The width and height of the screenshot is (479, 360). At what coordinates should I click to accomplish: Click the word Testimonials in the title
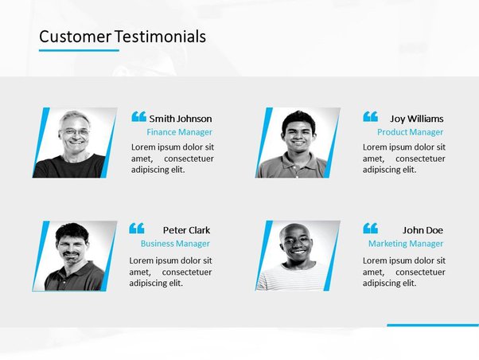(161, 37)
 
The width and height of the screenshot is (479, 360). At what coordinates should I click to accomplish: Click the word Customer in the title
(75, 37)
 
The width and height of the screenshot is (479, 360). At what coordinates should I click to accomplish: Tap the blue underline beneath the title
(79, 50)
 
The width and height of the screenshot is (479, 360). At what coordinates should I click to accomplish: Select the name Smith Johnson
(181, 119)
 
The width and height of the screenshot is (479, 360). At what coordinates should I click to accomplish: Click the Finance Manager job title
(179, 132)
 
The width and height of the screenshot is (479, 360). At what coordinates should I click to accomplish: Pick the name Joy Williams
(417, 119)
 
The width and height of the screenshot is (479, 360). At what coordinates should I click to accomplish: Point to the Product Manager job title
(410, 132)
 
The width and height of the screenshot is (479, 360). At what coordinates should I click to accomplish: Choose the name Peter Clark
(186, 230)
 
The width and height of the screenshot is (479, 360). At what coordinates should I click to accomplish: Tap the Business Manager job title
(175, 244)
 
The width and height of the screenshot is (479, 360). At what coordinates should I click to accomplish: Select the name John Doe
(423, 230)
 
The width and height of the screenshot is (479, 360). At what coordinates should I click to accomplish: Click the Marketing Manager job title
(406, 244)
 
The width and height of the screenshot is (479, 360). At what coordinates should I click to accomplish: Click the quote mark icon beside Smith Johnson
(138, 116)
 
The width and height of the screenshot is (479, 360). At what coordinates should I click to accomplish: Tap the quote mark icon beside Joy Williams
(370, 116)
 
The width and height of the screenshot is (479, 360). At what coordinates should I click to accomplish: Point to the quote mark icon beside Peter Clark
(137, 228)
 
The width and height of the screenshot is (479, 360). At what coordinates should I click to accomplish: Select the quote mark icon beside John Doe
(370, 228)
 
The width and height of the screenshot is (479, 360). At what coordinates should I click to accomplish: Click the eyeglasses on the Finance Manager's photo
(75, 132)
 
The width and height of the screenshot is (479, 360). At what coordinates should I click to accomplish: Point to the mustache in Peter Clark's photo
(71, 254)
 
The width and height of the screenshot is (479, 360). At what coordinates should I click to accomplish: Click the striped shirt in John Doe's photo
(291, 277)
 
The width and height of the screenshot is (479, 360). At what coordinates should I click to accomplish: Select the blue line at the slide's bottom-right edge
(433, 325)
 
